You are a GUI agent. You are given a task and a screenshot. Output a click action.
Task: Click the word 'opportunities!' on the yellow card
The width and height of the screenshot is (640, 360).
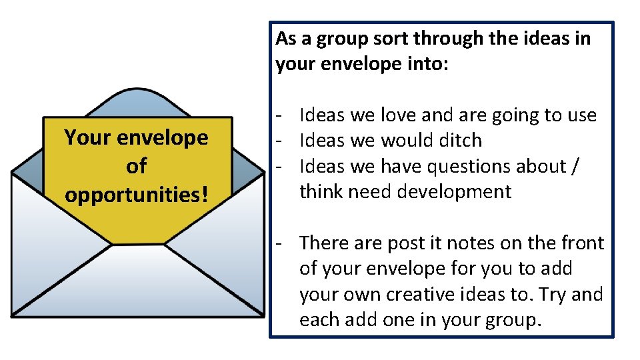coord(136,195)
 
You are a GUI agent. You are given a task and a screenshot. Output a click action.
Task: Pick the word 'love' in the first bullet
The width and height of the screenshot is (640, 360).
coord(398,115)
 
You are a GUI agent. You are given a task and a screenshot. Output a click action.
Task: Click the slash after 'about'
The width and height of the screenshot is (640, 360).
coord(575,166)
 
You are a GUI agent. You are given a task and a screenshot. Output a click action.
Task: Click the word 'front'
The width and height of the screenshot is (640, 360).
coord(579,243)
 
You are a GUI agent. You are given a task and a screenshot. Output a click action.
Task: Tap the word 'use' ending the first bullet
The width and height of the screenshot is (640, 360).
coord(581,115)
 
